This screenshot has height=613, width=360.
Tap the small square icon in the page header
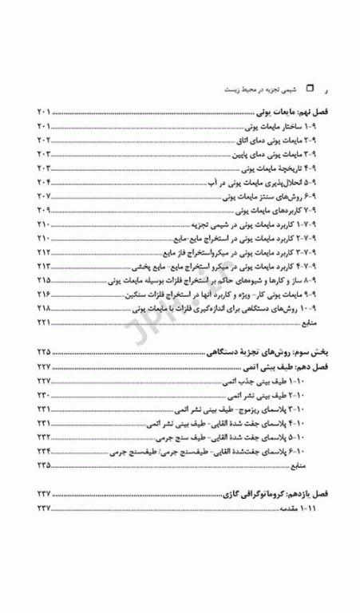[311, 92]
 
